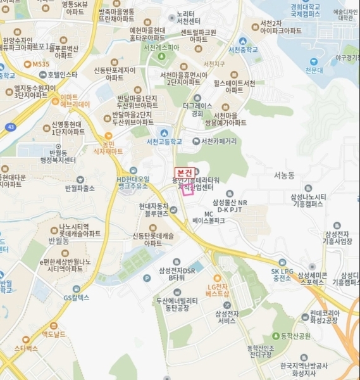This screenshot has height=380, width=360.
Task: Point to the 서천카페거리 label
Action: click(x=219, y=141)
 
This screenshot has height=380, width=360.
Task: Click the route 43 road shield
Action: click(x=11, y=126)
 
